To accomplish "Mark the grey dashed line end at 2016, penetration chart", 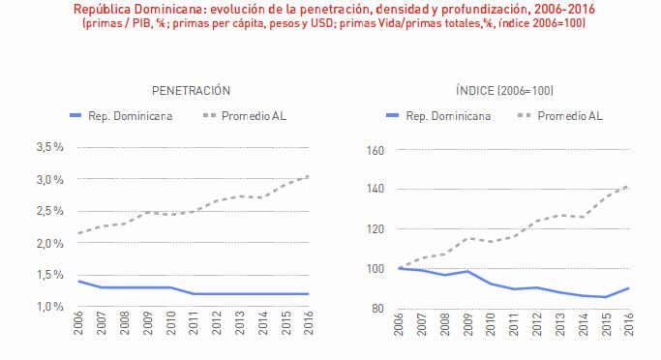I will coord(309,176).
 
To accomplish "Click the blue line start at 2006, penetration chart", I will coord(77,281).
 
